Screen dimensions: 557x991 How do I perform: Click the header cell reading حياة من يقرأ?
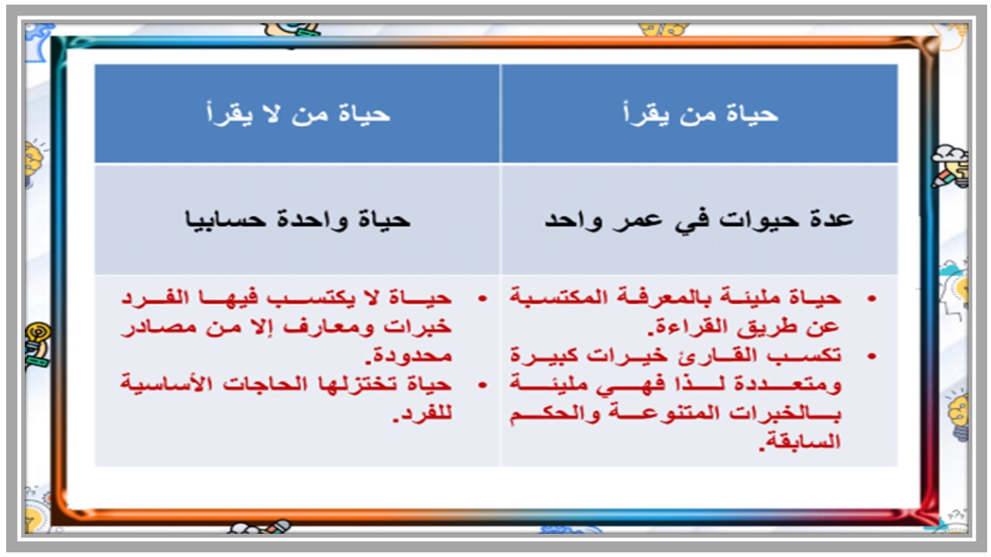[700, 114]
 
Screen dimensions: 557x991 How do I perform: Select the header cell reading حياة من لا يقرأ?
[297, 114]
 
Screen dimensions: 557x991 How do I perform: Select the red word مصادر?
[150, 326]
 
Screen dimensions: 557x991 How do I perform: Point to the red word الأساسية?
[167, 384]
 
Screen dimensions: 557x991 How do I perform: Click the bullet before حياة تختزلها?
[484, 384]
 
